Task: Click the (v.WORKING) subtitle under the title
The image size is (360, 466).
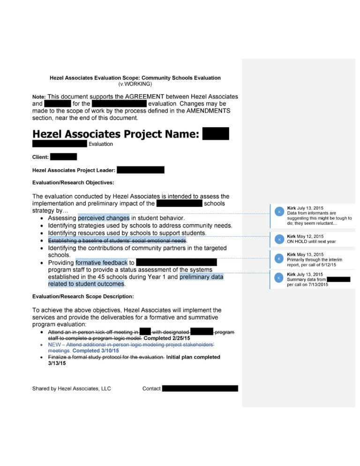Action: pos(135,84)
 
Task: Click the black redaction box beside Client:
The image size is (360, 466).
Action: pos(63,157)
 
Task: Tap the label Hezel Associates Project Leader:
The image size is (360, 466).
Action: pos(74,170)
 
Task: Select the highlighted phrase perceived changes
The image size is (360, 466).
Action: pos(104,218)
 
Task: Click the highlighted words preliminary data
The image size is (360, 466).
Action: pos(201,277)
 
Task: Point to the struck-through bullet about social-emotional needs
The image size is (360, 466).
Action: pos(117,241)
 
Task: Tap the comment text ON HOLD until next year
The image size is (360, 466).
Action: pos(311,241)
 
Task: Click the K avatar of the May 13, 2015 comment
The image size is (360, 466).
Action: pos(279,259)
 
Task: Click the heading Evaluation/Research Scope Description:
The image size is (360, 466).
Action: pos(82,296)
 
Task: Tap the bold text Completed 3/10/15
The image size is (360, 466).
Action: pos(96,351)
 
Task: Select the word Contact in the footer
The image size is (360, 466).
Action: pos(151,389)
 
